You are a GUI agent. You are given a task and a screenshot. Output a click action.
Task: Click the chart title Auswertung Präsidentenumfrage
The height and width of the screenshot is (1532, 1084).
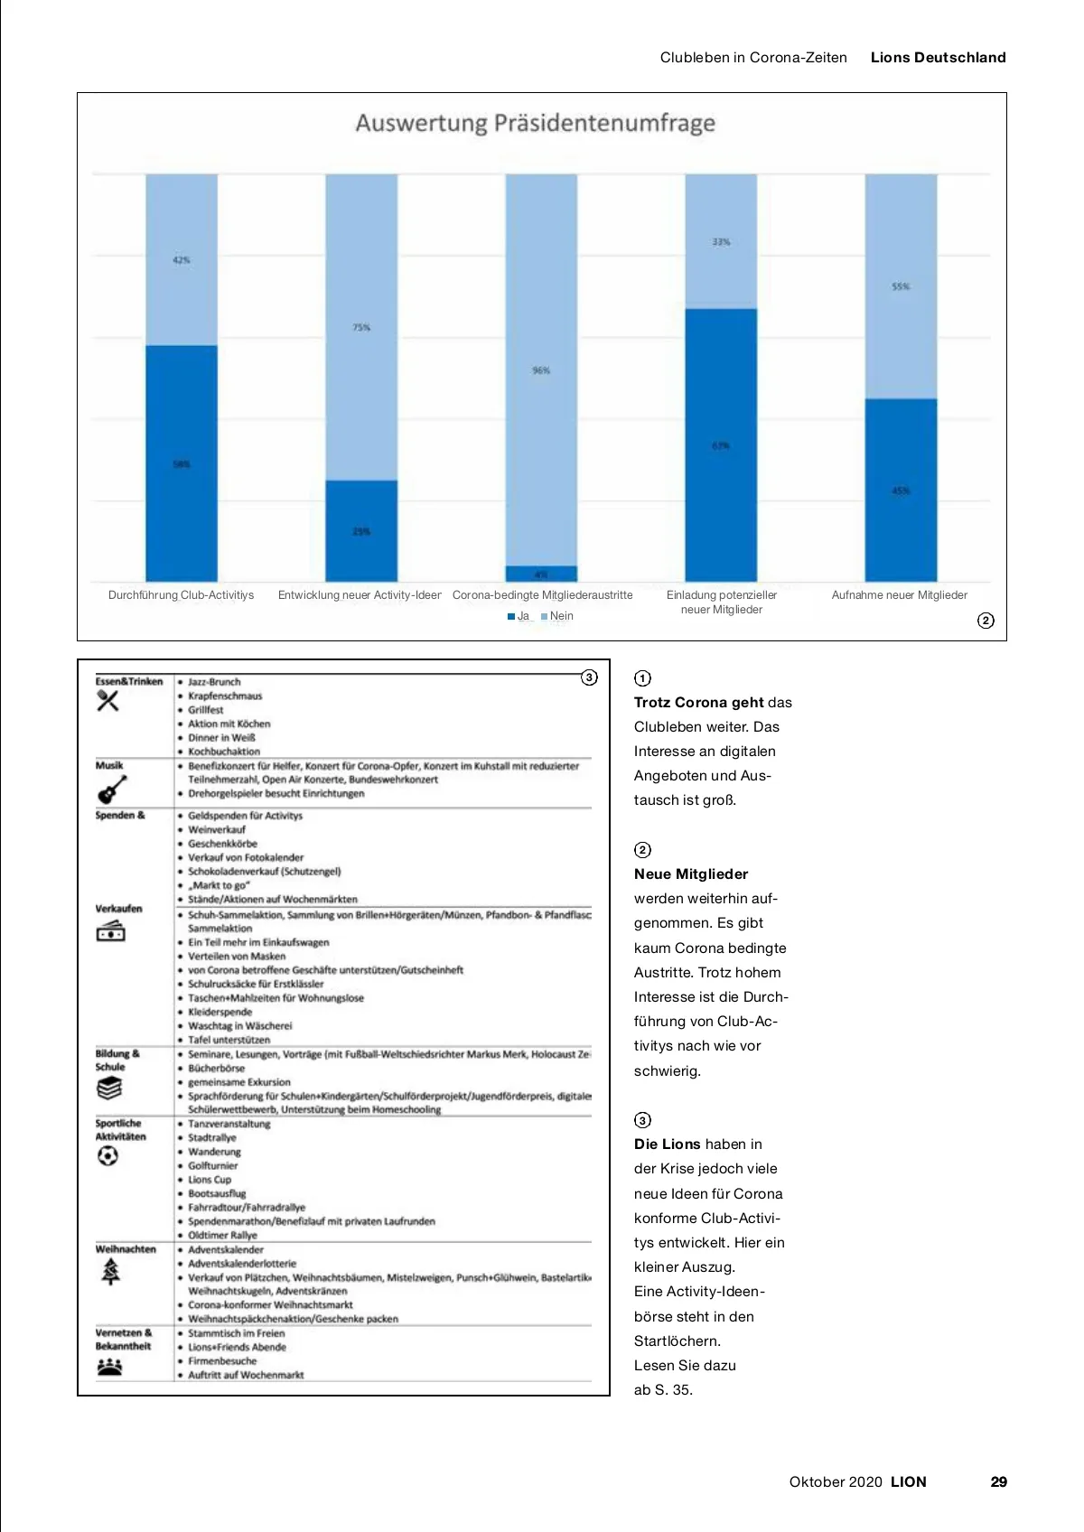click(535, 123)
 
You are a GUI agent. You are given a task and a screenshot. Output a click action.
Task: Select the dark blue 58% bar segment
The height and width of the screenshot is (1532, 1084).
click(182, 462)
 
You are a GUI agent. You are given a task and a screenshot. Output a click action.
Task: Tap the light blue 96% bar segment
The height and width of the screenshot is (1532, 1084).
click(541, 369)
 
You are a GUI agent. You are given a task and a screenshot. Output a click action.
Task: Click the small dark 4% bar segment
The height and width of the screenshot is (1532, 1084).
click(541, 574)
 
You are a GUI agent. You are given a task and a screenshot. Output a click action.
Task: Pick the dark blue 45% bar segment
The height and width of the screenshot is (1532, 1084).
click(901, 490)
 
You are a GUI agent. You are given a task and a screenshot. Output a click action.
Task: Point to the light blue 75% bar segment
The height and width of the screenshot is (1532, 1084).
click(361, 327)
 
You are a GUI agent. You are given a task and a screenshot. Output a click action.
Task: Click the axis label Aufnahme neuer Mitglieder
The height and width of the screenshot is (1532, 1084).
click(899, 595)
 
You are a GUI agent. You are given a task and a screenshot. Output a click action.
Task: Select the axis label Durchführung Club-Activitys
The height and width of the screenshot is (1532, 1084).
click(181, 595)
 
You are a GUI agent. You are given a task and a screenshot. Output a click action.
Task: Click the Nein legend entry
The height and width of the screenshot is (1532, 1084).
click(557, 616)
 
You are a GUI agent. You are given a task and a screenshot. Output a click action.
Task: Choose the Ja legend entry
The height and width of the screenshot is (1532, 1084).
click(519, 616)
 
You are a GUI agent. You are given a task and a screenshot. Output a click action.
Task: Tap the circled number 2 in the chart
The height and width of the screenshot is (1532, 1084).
click(986, 621)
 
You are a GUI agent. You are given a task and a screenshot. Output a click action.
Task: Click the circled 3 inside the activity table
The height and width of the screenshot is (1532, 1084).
click(589, 677)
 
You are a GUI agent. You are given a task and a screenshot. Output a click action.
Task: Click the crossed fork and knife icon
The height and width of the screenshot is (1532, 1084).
click(108, 700)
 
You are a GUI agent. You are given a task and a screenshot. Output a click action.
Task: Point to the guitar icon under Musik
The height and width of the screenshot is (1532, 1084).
click(110, 790)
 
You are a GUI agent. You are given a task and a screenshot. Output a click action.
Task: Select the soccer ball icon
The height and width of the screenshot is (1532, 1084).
click(107, 1156)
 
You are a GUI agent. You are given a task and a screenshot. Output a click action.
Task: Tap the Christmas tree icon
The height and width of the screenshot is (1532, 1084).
click(110, 1272)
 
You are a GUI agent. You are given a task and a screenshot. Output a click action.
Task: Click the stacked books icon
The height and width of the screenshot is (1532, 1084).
click(109, 1088)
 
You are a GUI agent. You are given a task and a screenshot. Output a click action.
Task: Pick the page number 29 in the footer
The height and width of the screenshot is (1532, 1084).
click(998, 1481)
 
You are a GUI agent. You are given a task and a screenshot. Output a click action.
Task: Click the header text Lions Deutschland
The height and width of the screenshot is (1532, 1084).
click(938, 58)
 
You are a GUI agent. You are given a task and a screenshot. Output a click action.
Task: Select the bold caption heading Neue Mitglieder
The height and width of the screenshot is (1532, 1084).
click(691, 874)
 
